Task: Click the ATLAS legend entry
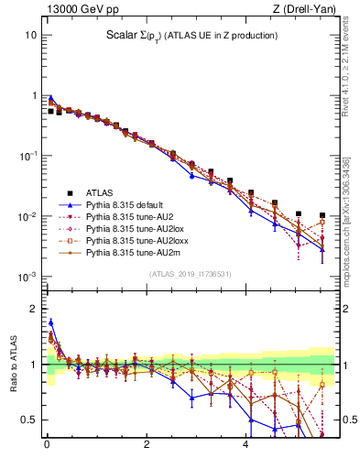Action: point(100,193)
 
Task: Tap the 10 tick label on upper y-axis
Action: point(30,35)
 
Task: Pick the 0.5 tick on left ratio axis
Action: point(28,420)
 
